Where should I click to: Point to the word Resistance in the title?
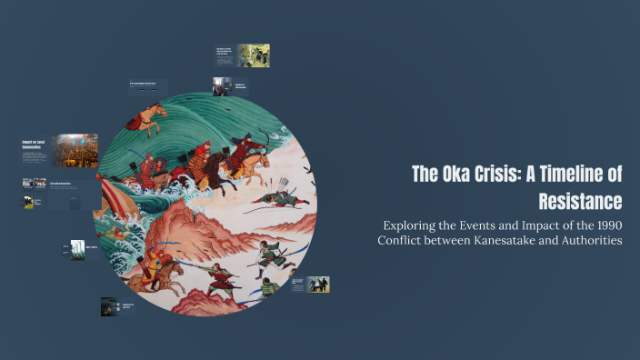pyautogui.click(x=580, y=200)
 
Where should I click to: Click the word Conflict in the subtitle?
pyautogui.click(x=403, y=241)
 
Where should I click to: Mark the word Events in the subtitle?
pyautogui.click(x=481, y=225)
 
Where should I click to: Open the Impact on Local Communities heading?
pyautogui.click(x=36, y=145)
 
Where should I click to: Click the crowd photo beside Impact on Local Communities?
pyautogui.click(x=75, y=150)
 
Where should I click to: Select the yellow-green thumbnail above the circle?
pyautogui.click(x=253, y=55)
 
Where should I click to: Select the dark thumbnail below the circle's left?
pyautogui.click(x=110, y=306)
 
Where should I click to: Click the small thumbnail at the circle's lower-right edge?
pyautogui.click(x=317, y=285)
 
